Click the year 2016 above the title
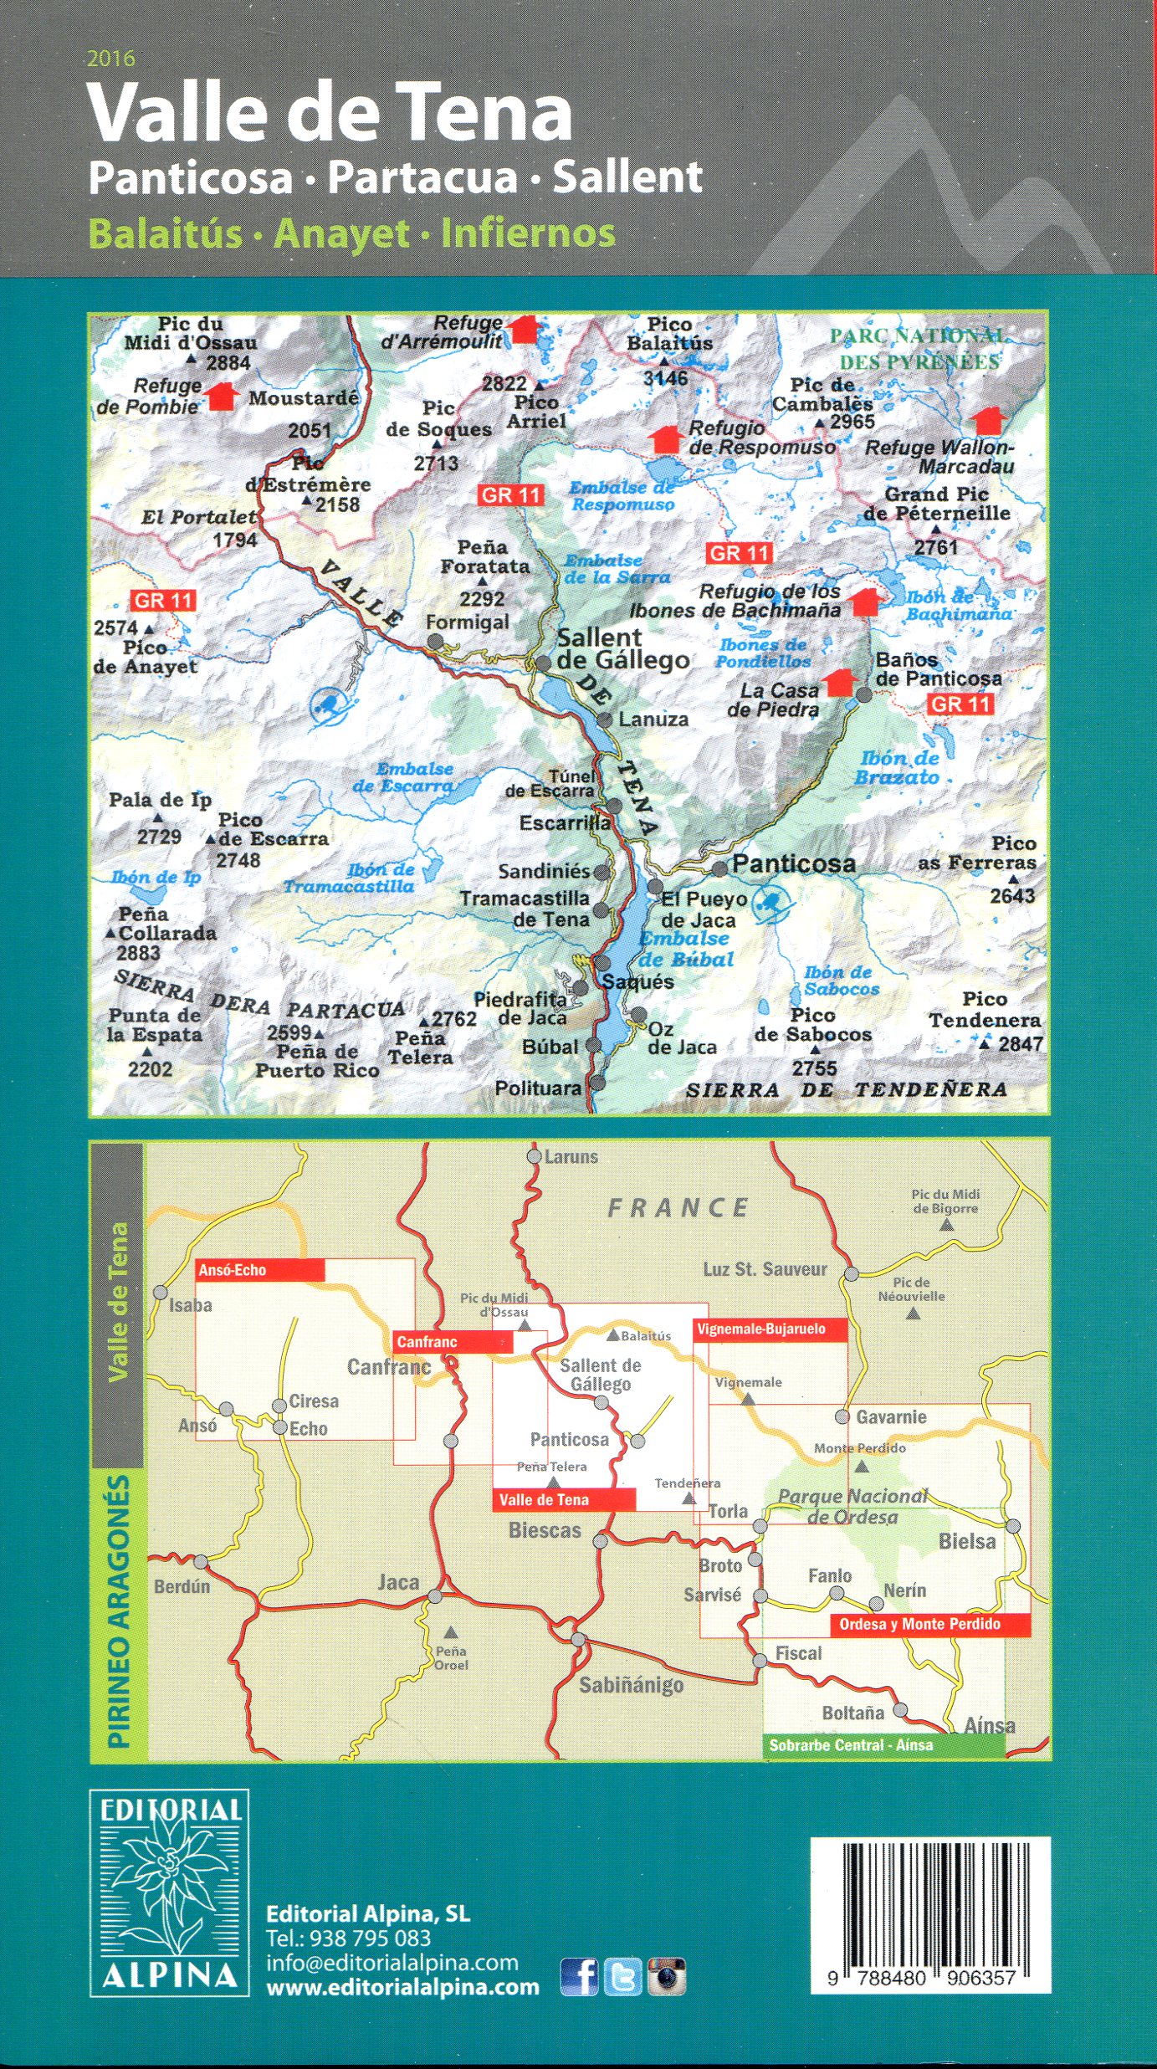[110, 59]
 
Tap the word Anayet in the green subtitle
[342, 233]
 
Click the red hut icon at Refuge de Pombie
[222, 396]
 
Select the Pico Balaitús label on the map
[669, 334]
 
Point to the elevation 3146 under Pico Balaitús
[666, 378]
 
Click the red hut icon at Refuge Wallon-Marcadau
[988, 420]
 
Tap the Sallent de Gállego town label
[622, 649]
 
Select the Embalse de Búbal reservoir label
[686, 949]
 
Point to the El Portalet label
[198, 517]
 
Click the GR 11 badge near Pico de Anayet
[163, 600]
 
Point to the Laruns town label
[571, 1157]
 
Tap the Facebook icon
[579, 1977]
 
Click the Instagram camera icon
[667, 1977]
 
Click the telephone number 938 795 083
[370, 1938]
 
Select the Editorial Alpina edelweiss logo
[170, 1892]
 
